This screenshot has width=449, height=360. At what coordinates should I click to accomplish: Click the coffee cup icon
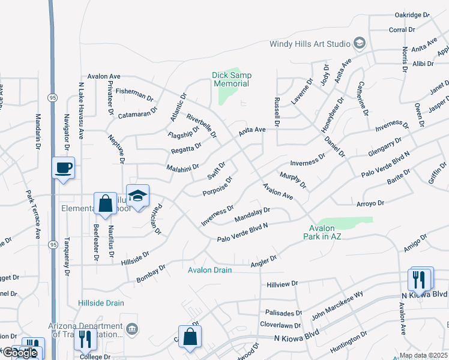pyautogui.click(x=64, y=169)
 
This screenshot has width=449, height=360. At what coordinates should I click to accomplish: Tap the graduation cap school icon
pyautogui.click(x=137, y=196)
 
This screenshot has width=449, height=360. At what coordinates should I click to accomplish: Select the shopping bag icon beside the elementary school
pyautogui.click(x=106, y=203)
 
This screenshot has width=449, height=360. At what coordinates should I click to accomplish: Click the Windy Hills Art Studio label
pyautogui.click(x=310, y=43)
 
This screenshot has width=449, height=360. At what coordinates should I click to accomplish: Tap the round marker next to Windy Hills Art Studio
pyautogui.click(x=359, y=43)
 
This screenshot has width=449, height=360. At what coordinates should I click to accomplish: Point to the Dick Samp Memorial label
pyautogui.click(x=232, y=79)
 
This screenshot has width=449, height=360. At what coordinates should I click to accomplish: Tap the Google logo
pyautogui.click(x=20, y=353)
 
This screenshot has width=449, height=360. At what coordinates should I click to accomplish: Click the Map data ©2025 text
pyautogui.click(x=423, y=355)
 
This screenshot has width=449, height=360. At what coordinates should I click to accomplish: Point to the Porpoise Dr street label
pyautogui.click(x=217, y=186)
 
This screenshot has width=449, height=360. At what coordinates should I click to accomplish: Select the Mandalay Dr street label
pyautogui.click(x=252, y=214)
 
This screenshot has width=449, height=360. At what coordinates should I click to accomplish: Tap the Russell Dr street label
pyautogui.click(x=277, y=112)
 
